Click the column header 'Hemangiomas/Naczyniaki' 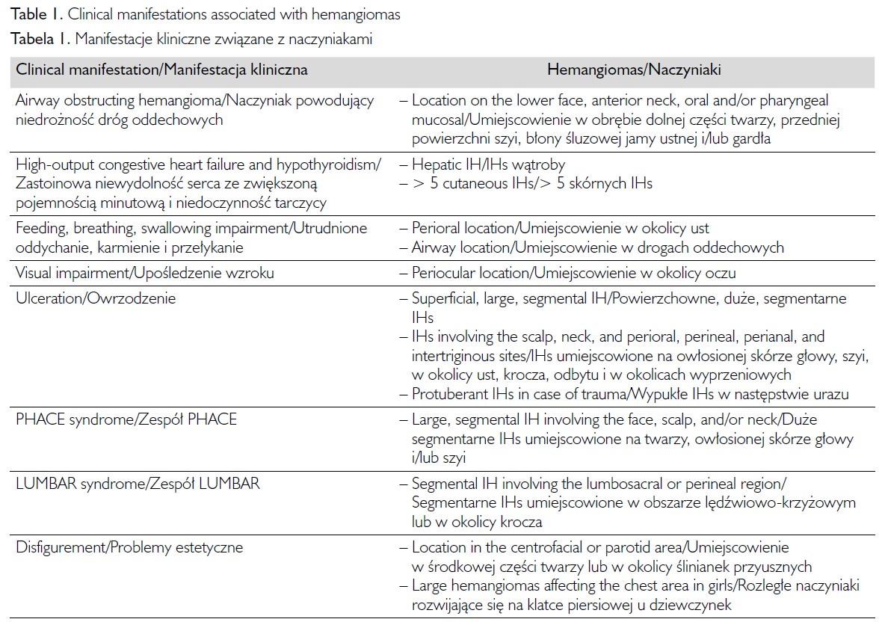(634, 70)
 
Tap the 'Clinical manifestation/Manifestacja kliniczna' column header (161, 70)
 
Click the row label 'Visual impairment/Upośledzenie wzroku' (145, 273)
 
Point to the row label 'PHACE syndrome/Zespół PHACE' (126, 419)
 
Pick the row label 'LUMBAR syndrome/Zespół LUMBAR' (138, 483)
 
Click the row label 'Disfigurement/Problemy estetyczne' (129, 547)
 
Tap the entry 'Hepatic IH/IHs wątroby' (488, 164)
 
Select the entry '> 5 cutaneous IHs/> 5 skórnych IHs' (531, 183)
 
